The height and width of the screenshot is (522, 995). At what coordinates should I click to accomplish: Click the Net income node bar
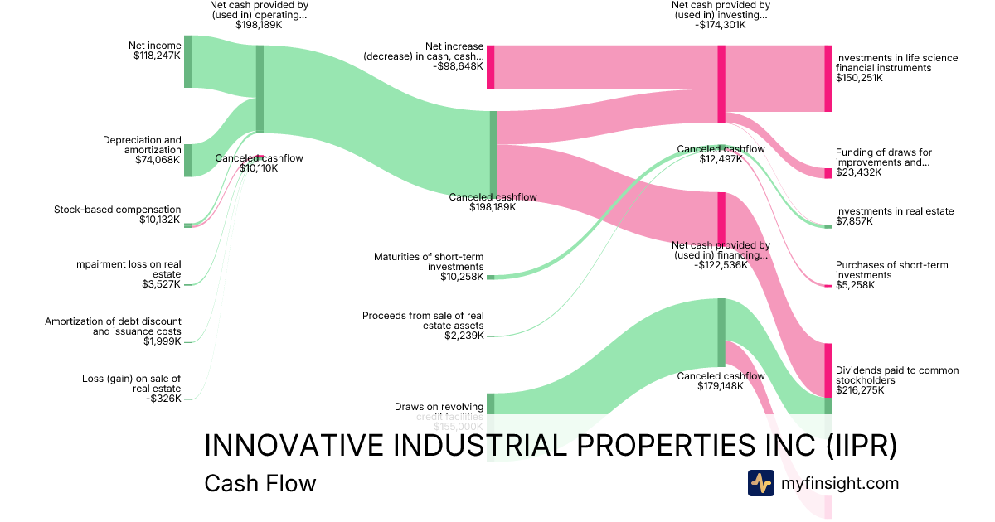tap(187, 61)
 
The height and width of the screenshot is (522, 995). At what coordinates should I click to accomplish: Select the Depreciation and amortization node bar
tap(187, 160)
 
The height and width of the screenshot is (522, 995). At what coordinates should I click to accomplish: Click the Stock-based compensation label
tap(117, 209)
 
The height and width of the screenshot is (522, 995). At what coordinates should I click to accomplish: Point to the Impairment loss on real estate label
tap(127, 269)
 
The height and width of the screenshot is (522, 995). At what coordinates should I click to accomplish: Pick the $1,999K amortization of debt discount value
tap(162, 341)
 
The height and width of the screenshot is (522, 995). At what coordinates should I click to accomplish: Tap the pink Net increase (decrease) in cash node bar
tap(490, 67)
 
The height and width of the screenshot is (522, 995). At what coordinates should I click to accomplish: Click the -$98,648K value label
tap(458, 66)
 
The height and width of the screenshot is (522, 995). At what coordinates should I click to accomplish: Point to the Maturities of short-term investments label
tap(429, 262)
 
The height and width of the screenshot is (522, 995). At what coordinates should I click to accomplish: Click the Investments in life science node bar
tap(828, 79)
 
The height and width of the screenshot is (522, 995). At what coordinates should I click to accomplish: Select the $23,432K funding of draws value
tap(859, 172)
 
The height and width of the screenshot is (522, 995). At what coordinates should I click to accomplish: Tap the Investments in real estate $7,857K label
tap(895, 211)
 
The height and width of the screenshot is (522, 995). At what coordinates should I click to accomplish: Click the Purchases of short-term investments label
tap(891, 270)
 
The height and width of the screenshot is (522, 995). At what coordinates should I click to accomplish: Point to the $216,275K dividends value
tap(860, 390)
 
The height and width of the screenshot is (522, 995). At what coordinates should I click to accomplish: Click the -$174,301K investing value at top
tap(720, 25)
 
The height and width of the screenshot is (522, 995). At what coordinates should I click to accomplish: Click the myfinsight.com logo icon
tap(760, 483)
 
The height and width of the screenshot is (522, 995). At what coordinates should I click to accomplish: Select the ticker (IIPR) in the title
tap(862, 445)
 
